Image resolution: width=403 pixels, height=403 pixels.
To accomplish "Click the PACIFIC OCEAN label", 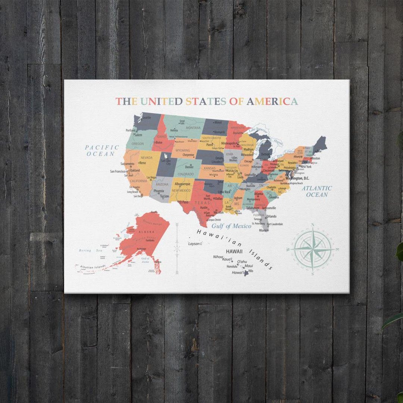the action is [102, 150].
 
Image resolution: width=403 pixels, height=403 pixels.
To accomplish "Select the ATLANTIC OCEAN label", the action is [317, 191].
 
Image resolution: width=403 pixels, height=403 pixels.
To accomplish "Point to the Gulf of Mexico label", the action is [231, 226].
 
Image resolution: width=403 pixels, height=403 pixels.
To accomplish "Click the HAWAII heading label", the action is [234, 252].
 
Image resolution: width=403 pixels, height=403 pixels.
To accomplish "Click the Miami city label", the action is [264, 230].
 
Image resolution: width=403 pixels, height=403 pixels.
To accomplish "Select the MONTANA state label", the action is [193, 128].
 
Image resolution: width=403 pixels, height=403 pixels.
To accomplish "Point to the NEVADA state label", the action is [147, 158].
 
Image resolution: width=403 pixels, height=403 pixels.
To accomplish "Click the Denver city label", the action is [189, 167].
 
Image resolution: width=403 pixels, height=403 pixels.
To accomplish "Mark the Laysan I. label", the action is [195, 244].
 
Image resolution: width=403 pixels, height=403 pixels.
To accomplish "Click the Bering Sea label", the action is [90, 251].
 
